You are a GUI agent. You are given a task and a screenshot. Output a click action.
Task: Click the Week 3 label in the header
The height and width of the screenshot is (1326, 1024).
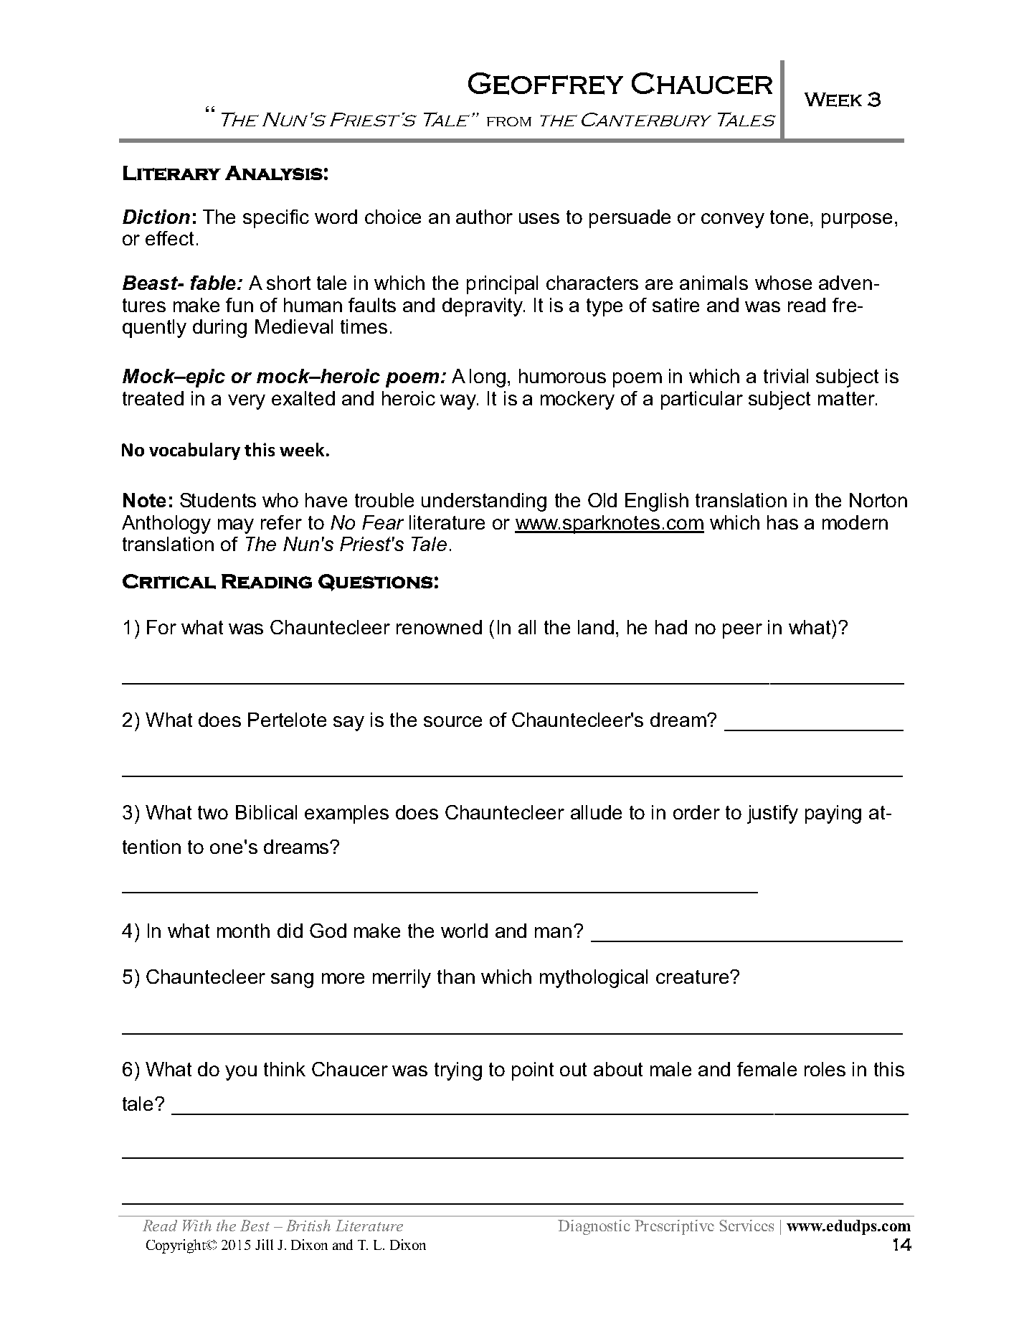pos(843,100)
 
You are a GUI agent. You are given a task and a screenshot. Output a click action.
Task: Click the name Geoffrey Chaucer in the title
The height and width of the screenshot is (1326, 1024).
pos(620,85)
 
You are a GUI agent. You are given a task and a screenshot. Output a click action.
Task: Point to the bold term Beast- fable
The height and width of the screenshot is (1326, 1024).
pos(183,283)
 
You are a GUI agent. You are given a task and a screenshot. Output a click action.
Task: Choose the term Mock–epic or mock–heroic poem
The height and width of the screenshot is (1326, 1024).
pos(284,377)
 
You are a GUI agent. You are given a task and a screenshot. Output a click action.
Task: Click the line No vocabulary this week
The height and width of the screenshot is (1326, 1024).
pos(225,451)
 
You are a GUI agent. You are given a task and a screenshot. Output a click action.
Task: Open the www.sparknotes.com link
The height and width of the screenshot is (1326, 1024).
pos(609,522)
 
